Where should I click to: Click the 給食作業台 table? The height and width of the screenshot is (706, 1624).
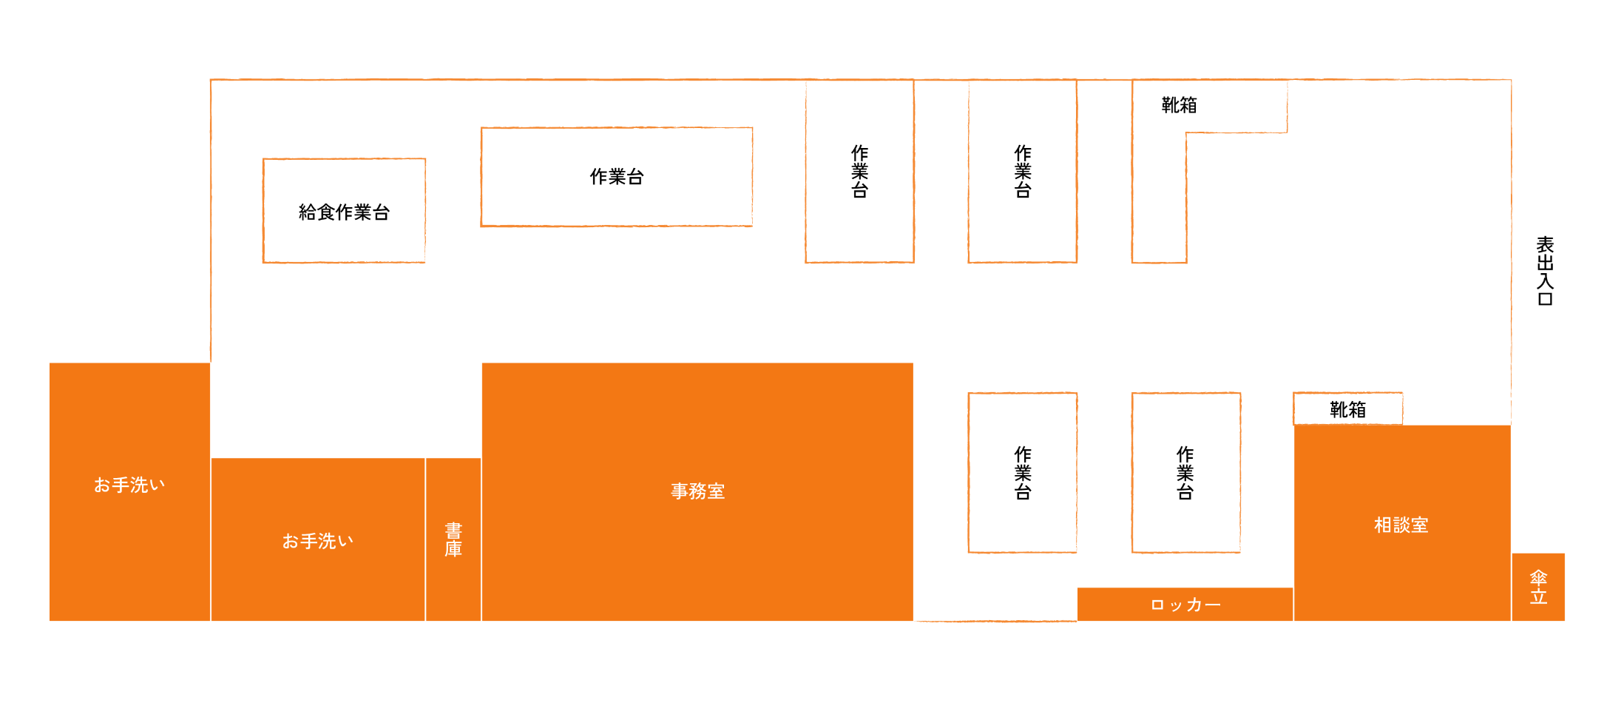coord(344,211)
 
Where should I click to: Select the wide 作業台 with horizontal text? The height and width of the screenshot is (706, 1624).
coord(616,177)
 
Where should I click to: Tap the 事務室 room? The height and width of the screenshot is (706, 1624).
coord(697,491)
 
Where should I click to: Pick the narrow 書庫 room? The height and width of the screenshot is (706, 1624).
coord(453,539)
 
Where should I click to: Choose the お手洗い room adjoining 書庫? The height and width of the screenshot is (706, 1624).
coord(318,540)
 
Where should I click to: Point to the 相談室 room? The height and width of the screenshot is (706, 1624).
coord(1401,525)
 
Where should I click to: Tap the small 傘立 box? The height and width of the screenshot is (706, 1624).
coord(1538,587)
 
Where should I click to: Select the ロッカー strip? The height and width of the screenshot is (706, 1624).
coord(1185,605)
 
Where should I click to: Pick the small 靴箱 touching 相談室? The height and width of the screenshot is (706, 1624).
coord(1347,409)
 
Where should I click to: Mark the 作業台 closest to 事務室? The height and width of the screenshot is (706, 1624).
coord(1022,472)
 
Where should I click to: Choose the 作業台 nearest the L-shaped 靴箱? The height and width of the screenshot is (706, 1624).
coord(1022,171)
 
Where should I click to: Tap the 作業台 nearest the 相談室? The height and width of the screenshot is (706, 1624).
coord(1185,472)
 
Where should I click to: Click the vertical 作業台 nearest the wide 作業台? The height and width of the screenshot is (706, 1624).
coord(859,171)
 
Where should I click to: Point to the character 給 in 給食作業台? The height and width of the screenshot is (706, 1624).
coord(308,212)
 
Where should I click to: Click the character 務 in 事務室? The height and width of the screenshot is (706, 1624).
coord(697,491)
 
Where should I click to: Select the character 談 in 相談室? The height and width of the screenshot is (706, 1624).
coord(1401,525)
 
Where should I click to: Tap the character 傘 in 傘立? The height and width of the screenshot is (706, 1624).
coord(1538,577)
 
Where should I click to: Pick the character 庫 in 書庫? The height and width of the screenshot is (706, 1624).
coord(453,549)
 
